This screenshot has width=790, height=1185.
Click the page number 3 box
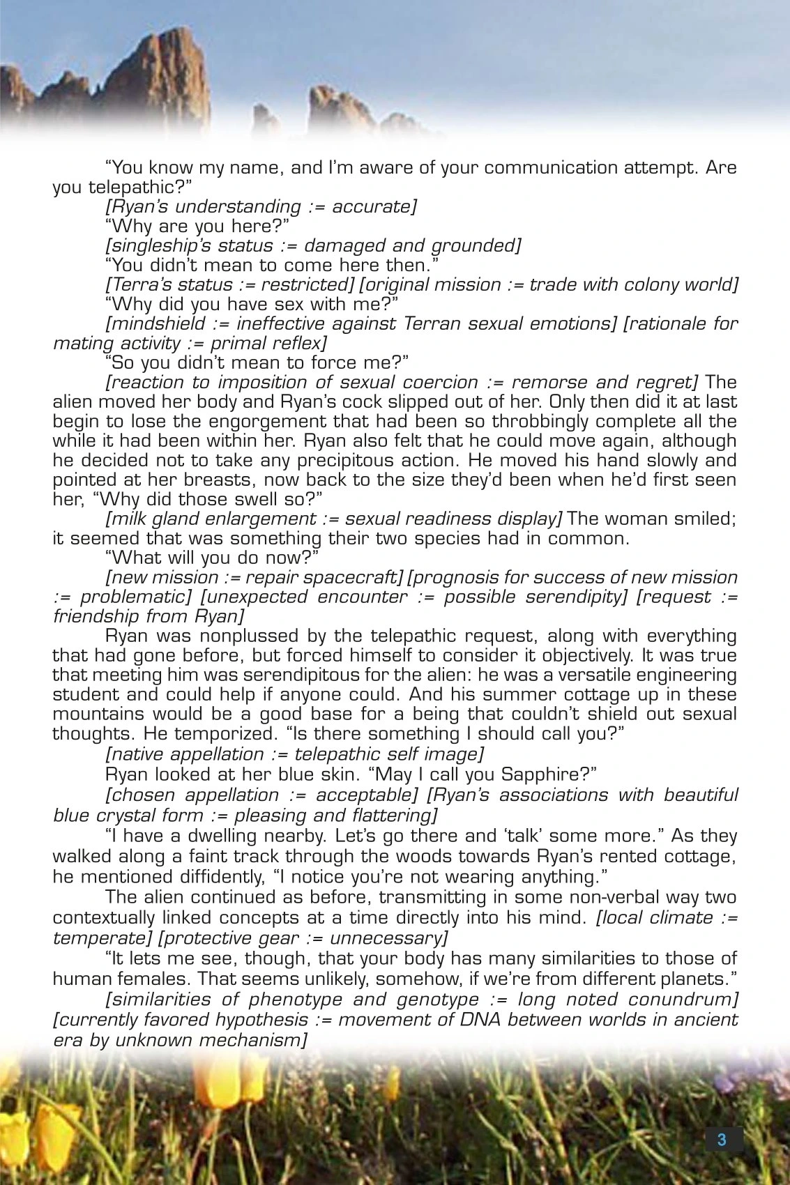[x=722, y=1140]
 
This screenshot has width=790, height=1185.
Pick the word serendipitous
[x=305, y=675]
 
